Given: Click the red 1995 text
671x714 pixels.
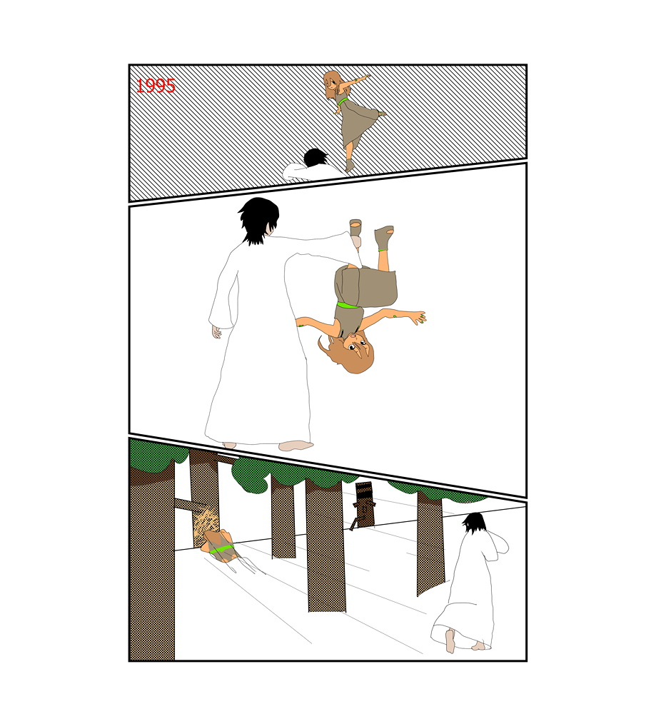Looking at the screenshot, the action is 156,86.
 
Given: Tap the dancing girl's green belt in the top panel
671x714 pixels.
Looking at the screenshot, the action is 343,101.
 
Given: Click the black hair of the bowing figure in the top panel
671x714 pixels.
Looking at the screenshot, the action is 315,158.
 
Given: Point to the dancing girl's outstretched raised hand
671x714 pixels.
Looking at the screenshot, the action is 365,76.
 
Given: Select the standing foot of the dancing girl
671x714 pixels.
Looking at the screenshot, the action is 349,166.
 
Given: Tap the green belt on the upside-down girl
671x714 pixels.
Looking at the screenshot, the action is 347,305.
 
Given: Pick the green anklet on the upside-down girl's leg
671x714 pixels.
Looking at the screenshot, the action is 383,249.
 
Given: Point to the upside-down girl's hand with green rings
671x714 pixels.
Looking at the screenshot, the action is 418,318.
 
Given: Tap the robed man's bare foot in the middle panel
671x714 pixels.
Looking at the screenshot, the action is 296,446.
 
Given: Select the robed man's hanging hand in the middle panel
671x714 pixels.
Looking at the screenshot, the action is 216,331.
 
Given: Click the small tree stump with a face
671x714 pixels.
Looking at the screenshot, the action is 365,505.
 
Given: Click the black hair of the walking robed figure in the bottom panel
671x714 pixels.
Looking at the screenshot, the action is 475,523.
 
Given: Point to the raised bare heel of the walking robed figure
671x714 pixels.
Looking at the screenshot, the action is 450,641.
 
